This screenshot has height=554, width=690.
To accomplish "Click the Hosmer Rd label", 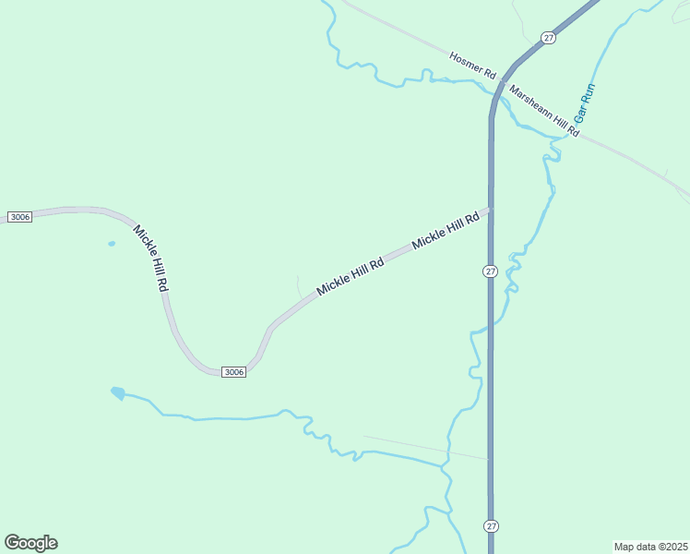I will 473,64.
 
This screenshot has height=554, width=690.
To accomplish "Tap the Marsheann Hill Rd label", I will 544,113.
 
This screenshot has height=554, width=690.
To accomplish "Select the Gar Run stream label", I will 585,103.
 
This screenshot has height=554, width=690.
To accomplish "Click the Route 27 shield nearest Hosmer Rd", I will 549,38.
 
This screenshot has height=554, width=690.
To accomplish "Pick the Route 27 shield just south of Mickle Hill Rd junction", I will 490,271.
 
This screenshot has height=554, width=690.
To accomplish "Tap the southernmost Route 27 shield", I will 490,525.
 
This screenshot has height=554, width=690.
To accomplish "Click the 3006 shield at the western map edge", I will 19,217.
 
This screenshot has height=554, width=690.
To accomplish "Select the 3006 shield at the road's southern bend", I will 233,372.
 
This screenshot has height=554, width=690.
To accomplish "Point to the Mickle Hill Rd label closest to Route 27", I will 446,231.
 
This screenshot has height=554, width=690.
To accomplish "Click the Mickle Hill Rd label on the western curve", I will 150,259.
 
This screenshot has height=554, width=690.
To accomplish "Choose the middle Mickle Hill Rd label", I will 350,277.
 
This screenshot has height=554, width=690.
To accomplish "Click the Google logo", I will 30,543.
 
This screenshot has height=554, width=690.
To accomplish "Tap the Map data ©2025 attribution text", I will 650,547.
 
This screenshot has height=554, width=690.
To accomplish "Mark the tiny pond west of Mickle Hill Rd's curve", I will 112,244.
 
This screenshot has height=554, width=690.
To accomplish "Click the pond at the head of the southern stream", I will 117,392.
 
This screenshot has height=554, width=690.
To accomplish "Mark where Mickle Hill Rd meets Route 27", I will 490,210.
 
